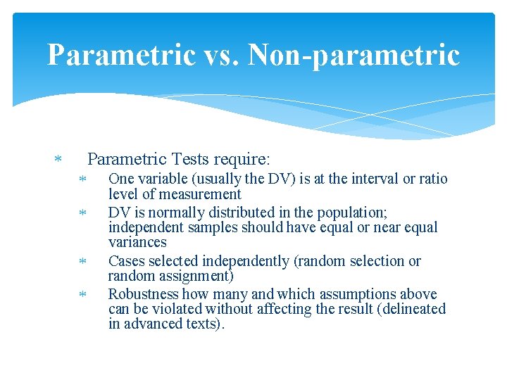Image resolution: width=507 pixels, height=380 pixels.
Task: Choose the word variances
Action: pos(137,243)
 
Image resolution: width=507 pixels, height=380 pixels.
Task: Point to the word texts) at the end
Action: pos(204,324)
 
